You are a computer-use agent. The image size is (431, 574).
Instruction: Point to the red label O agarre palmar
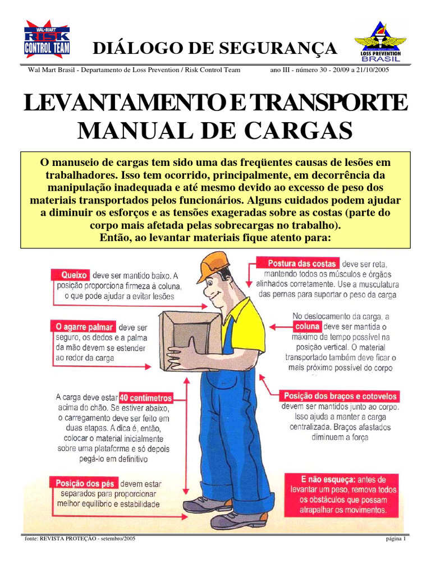pyautogui.click(x=84, y=327)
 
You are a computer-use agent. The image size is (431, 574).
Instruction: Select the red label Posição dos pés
pyautogui.click(x=85, y=483)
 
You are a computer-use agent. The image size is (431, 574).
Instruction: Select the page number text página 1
pyautogui.click(x=397, y=539)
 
